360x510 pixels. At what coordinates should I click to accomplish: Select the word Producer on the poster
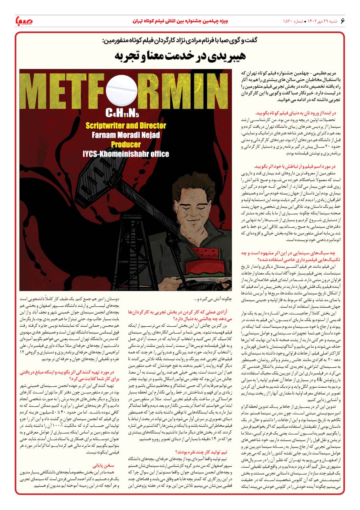[x=126, y=144]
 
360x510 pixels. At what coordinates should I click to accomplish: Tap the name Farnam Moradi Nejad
[x=126, y=135]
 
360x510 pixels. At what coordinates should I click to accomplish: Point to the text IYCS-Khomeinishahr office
[x=126, y=154]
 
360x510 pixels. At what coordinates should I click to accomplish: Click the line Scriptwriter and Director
[x=126, y=125]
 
